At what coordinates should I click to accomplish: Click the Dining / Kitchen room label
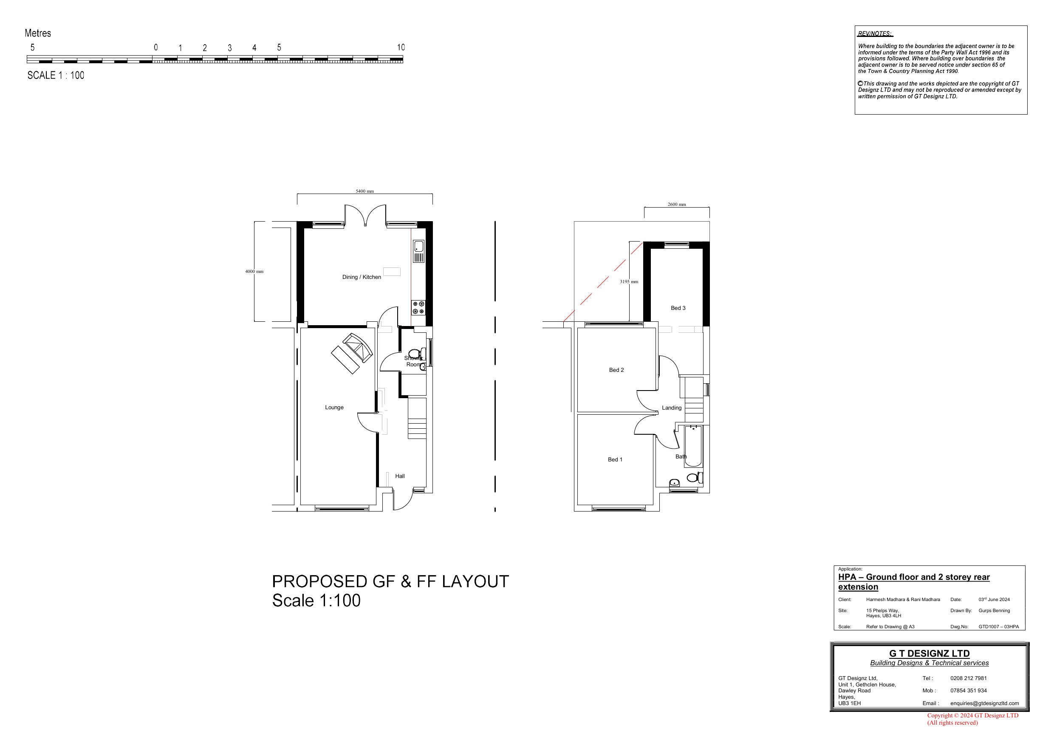tap(361, 277)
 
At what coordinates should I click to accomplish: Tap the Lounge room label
tap(334, 408)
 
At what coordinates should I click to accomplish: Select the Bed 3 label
tap(678, 308)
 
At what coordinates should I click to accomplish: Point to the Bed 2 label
tap(616, 370)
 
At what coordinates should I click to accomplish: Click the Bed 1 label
tap(615, 459)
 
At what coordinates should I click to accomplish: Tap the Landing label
tap(672, 408)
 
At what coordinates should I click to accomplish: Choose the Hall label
tap(400, 476)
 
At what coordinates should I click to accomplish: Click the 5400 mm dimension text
tap(365, 191)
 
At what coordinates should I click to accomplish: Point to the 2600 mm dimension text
tap(677, 205)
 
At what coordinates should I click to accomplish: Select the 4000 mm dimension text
tap(254, 272)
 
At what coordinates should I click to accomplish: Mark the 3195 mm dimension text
tap(629, 282)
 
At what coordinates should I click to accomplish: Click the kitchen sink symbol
tap(418, 251)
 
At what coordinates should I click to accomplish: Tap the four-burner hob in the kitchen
tap(418, 308)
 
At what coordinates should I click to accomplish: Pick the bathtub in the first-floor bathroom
tap(693, 446)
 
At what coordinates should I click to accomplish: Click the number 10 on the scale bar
tap(401, 47)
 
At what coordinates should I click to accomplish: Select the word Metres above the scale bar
tap(38, 33)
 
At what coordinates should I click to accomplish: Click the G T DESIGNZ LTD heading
tap(929, 654)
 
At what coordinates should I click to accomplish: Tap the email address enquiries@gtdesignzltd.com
tap(984, 703)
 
